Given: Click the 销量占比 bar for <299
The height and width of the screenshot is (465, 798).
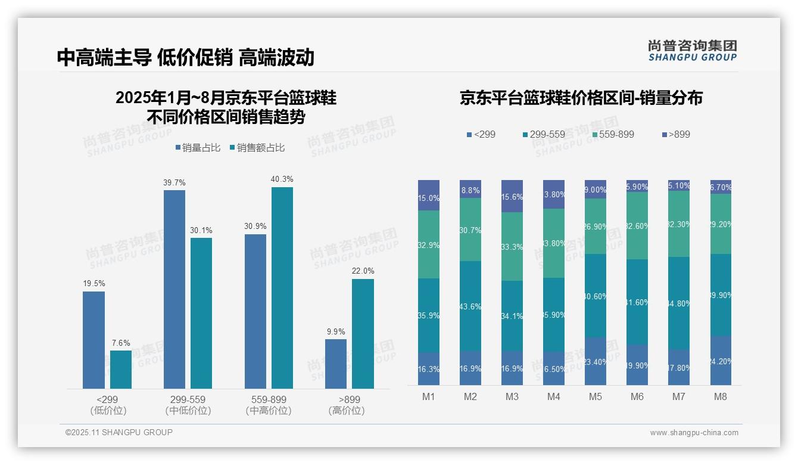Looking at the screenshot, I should (x=93, y=340).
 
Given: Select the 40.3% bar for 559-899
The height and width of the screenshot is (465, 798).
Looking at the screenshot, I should (x=282, y=288).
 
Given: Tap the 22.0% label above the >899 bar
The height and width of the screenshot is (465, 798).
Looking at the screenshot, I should (x=363, y=271).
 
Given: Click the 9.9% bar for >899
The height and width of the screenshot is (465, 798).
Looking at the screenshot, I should (x=336, y=364).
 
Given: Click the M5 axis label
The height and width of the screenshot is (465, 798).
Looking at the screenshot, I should (x=596, y=397).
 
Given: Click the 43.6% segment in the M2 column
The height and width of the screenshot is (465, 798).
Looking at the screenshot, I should (x=470, y=306).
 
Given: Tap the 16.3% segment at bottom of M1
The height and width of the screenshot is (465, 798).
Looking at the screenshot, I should (x=429, y=368).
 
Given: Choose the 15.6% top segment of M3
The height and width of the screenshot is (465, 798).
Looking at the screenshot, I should (x=512, y=196).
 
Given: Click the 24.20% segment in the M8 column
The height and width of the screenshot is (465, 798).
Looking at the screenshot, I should (x=721, y=361).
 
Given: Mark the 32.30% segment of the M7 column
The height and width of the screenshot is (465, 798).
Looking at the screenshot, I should (x=679, y=224).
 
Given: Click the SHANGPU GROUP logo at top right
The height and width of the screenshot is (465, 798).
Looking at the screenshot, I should (x=692, y=51).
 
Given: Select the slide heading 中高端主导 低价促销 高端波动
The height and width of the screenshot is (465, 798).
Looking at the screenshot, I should (x=185, y=57).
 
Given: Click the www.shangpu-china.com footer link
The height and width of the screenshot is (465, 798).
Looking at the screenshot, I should (x=694, y=433).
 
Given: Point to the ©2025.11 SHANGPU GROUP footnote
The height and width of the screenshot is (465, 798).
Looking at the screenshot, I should (x=119, y=432).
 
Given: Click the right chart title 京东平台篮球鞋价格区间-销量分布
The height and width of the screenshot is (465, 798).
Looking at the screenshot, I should (x=581, y=98).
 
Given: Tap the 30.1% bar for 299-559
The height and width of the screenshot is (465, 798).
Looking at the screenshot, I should (x=201, y=313).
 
